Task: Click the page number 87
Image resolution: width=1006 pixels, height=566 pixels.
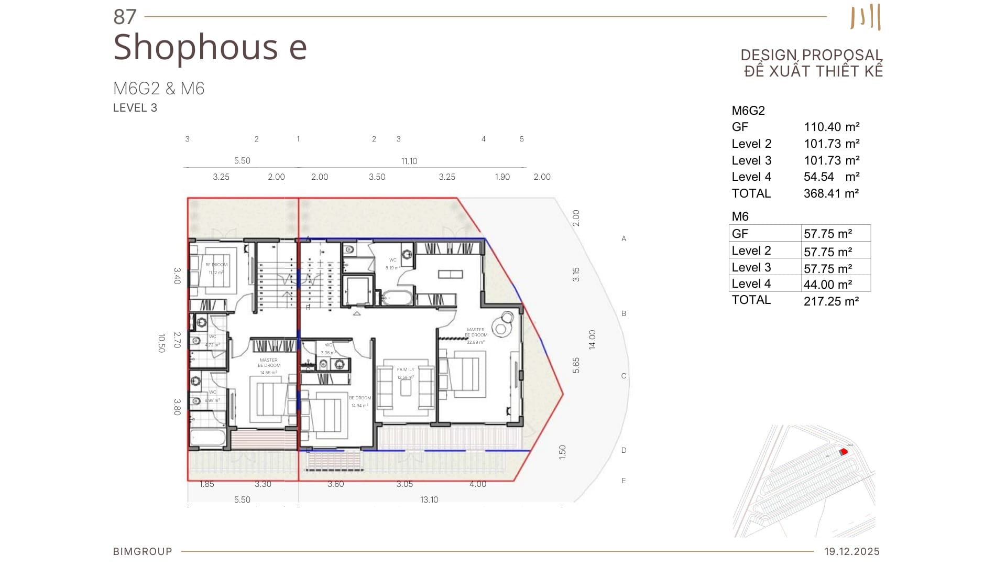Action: (125, 17)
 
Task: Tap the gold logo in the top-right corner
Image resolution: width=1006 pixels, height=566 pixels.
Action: (866, 17)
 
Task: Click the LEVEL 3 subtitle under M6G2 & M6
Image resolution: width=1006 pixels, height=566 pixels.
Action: (135, 108)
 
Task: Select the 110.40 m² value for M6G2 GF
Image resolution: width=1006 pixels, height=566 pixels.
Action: (832, 127)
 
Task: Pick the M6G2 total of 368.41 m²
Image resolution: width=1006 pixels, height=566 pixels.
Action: (831, 193)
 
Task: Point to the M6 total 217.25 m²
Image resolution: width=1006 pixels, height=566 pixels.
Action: (831, 301)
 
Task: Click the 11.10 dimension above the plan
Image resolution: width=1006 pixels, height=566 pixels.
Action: (409, 161)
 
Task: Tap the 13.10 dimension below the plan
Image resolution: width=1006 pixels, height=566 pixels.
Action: (429, 499)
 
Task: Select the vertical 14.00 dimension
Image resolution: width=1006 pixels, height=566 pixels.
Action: (592, 340)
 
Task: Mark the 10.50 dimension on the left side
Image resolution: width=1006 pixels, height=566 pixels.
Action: (161, 343)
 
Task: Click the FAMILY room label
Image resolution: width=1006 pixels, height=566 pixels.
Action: (406, 370)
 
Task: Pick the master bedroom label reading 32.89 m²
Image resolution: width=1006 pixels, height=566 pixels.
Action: (476, 335)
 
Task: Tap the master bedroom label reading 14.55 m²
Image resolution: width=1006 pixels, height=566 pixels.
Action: (269, 366)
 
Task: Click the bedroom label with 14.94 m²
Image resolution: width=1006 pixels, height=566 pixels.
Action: (360, 401)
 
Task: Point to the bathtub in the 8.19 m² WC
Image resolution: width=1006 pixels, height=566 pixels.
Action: (397, 298)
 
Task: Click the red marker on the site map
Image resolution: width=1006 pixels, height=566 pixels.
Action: (844, 452)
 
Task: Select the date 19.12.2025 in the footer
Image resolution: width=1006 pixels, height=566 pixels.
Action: (852, 551)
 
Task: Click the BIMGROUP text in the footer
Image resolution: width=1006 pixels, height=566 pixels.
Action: (143, 551)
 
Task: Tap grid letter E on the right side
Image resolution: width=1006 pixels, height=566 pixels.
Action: (624, 481)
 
